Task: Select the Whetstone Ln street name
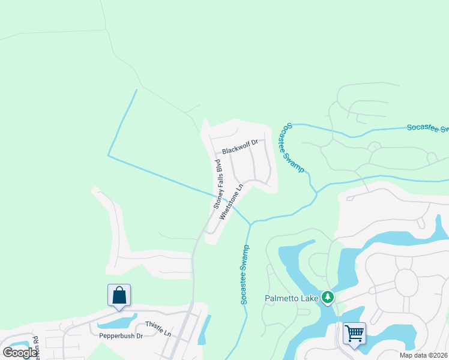(231, 201)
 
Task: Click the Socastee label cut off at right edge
(427, 128)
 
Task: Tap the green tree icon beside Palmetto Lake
(327, 296)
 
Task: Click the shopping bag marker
(119, 296)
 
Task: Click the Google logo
(19, 352)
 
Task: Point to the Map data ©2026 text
(423, 355)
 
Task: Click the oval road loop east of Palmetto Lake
(406, 282)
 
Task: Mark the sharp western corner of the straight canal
(108, 155)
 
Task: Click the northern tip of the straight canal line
(136, 90)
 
